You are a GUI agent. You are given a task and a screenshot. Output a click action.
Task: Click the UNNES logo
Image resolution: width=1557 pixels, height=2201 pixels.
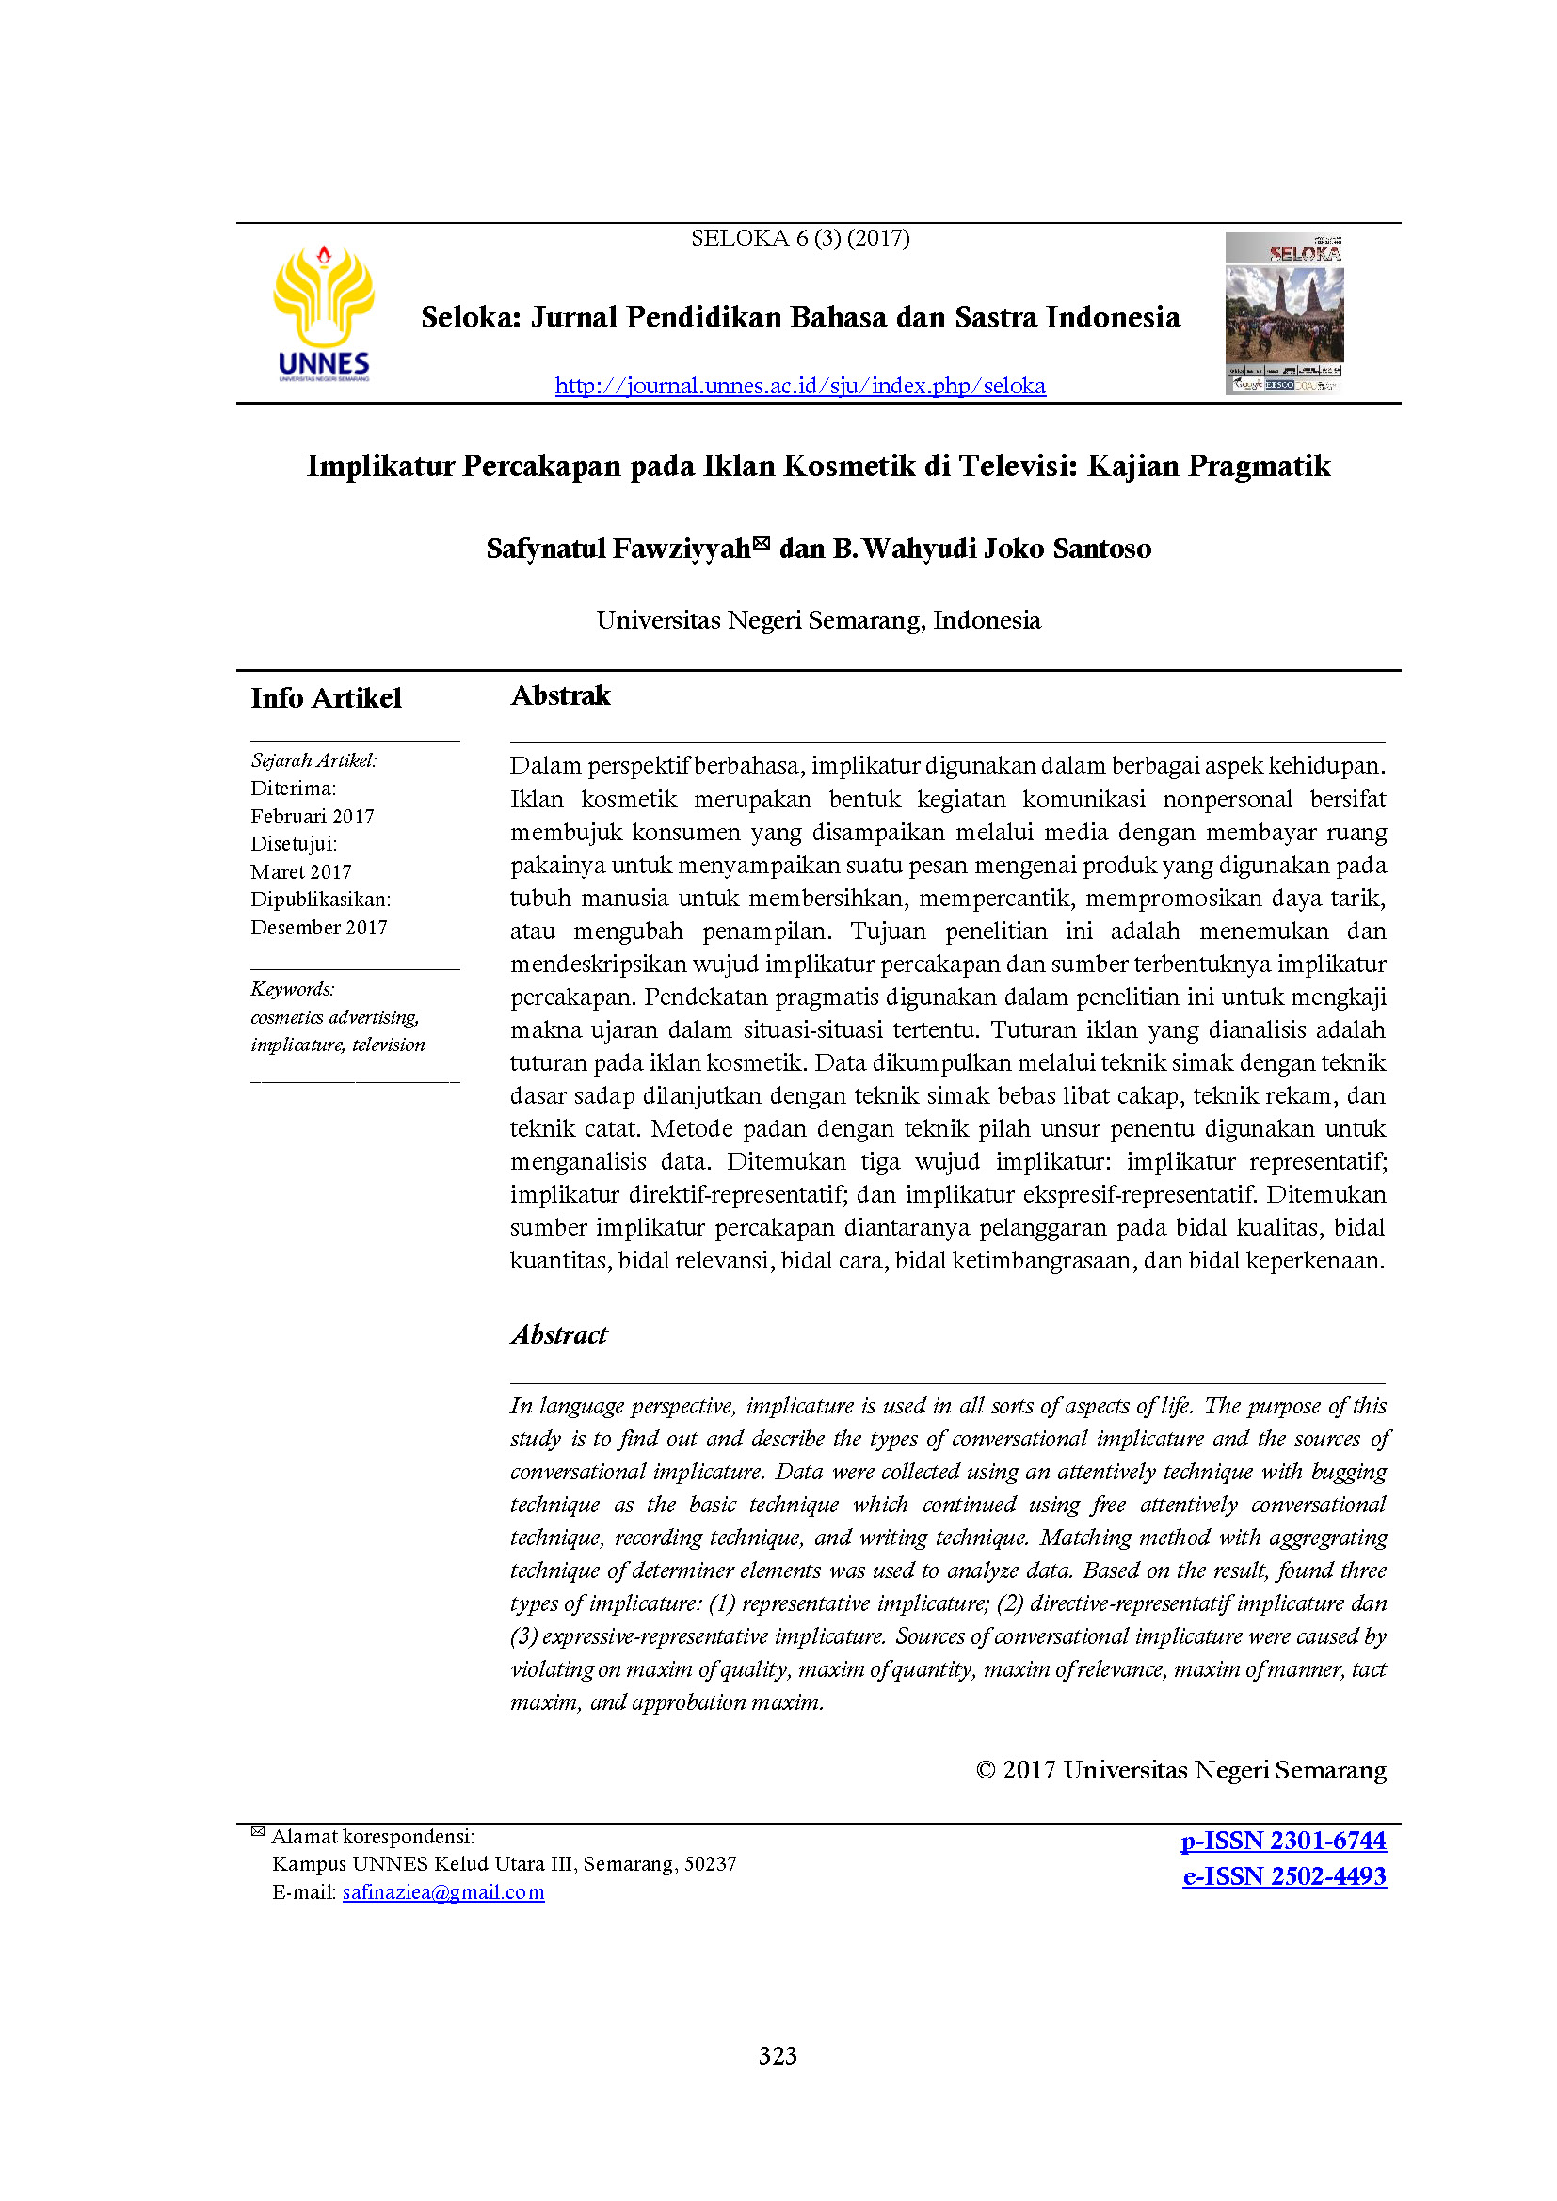323,312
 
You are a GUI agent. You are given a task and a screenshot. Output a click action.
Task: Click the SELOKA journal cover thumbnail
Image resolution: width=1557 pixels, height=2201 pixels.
1284,312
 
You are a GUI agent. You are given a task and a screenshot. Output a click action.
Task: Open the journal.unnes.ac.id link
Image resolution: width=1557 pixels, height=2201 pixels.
799,386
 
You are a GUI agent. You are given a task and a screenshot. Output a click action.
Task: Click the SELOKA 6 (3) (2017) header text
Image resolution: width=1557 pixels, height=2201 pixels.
799,238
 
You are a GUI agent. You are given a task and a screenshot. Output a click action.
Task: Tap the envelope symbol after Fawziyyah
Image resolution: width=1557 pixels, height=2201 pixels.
762,544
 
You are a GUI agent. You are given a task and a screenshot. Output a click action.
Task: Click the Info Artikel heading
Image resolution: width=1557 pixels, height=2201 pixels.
326,698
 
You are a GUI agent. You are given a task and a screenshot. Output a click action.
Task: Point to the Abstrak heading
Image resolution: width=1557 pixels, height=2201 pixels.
560,695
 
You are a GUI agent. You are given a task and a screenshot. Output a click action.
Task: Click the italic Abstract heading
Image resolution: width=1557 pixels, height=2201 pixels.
559,1334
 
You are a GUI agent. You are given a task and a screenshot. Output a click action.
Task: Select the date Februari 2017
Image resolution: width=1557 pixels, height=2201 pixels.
313,816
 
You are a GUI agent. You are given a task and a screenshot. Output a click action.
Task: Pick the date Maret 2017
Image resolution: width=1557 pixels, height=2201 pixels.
301,871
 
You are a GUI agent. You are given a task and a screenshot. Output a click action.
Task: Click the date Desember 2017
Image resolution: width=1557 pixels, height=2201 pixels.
319,927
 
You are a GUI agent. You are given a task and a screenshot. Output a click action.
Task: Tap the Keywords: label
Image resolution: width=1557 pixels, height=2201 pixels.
293,988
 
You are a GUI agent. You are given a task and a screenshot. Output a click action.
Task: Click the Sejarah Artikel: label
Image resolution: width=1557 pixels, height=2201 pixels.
313,760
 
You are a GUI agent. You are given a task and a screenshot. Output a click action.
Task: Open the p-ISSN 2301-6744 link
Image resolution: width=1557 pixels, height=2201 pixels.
1283,1841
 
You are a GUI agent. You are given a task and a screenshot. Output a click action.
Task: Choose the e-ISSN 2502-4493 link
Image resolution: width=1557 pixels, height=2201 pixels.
1284,1876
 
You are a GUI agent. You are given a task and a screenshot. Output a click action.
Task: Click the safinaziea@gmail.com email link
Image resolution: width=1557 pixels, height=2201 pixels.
443,1892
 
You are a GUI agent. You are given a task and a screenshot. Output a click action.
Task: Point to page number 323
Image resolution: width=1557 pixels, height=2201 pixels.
778,2055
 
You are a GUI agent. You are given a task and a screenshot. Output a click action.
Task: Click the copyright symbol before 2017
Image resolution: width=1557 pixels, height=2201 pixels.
985,1770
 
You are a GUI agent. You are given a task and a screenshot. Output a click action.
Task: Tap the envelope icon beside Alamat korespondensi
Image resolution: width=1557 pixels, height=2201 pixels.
258,1832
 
